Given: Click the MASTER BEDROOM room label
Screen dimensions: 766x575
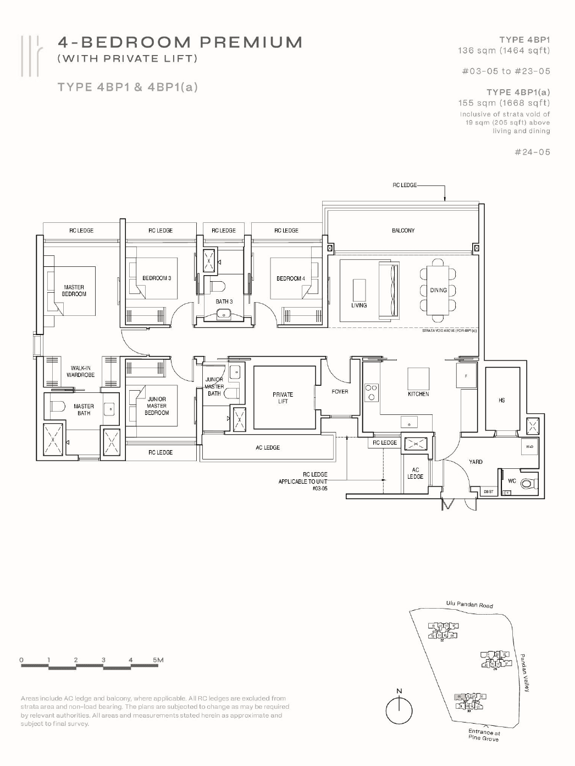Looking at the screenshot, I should click(x=74, y=291).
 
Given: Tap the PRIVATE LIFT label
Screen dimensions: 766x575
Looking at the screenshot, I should click(x=283, y=398).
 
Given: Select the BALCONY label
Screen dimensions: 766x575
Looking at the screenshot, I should click(x=403, y=231).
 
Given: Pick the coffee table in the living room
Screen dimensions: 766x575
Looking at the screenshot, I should click(x=359, y=289).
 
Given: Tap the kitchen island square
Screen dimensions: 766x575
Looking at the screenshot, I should click(x=418, y=379).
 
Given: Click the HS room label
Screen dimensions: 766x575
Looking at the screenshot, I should click(x=501, y=401).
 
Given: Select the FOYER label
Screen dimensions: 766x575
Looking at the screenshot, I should click(x=340, y=392).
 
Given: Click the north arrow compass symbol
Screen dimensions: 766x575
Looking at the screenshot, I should click(x=399, y=710).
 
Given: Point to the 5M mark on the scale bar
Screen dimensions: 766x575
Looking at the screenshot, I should click(x=158, y=660).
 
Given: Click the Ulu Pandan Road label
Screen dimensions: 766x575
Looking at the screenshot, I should click(x=469, y=605).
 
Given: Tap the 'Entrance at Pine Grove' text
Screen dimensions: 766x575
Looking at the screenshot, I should click(x=484, y=735).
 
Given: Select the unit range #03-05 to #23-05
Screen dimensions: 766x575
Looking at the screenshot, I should click(x=506, y=71).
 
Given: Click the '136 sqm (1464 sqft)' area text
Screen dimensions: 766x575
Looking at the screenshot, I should click(x=504, y=51).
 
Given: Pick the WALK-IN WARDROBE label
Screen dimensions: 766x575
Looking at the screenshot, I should click(x=81, y=371).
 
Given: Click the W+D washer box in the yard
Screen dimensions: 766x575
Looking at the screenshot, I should click(x=529, y=447).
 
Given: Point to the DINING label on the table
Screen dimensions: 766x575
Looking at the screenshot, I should click(x=438, y=290).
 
